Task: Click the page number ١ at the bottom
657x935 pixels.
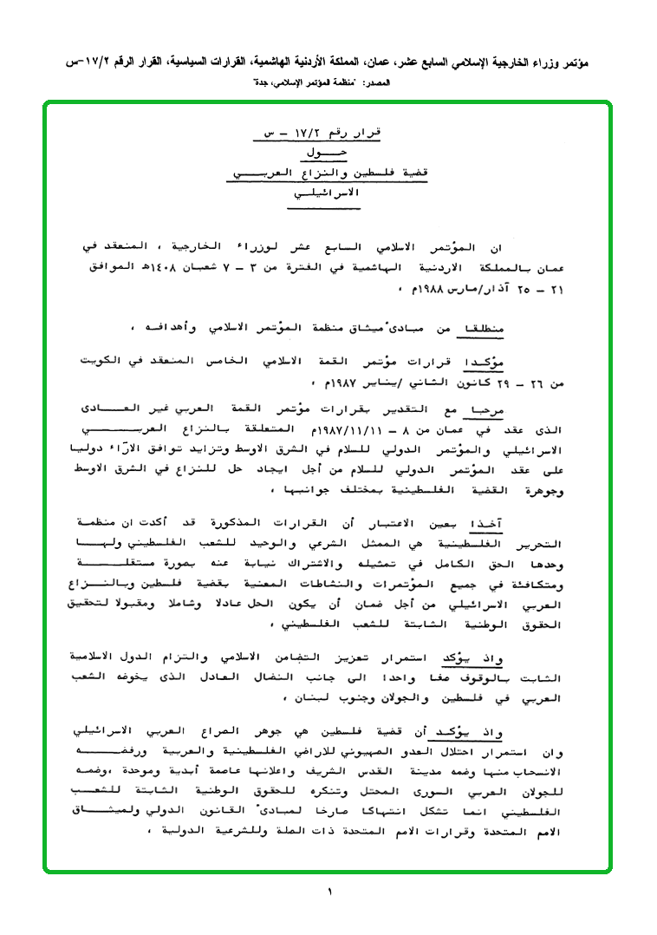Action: tap(329, 892)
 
